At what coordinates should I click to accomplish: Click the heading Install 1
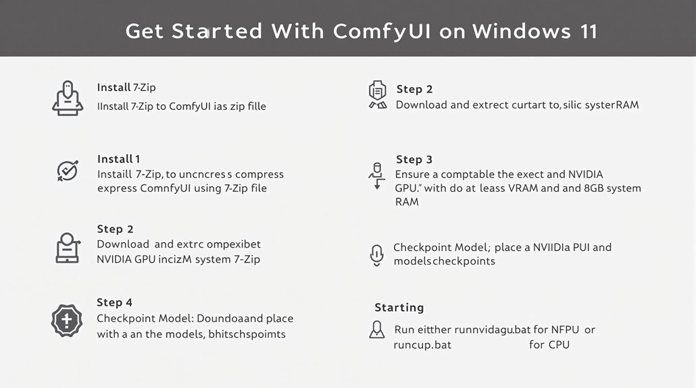pos(118,159)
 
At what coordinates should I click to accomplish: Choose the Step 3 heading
pos(414,159)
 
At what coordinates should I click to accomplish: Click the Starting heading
pos(399,308)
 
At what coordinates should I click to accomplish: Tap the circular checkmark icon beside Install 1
pos(67,171)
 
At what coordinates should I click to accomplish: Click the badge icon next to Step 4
pos(67,320)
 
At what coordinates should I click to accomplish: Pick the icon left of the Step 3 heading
pos(376,175)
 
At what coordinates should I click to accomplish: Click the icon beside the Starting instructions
pos(376,330)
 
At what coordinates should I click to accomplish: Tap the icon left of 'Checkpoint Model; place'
pos(376,254)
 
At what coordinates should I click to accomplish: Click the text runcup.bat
pos(422,344)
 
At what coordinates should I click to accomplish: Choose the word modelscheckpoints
pos(444,261)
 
